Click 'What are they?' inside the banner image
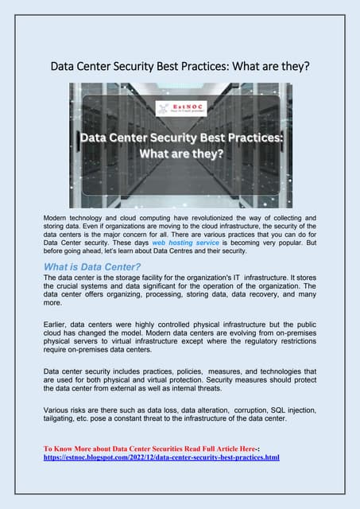point(180,153)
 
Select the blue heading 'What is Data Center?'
point(92,266)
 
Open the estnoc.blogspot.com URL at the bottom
point(161,458)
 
